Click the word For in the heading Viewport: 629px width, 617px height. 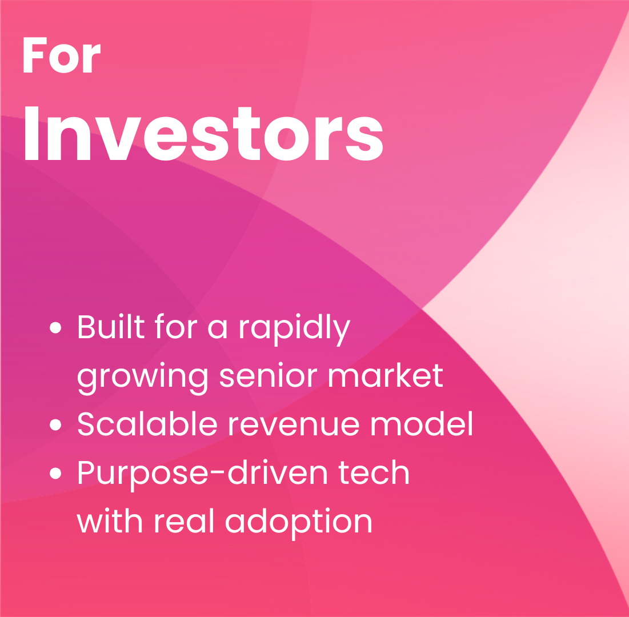click(x=62, y=55)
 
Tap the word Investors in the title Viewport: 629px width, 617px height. click(x=204, y=134)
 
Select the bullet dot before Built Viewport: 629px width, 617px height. click(x=55, y=327)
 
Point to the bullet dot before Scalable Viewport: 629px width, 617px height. click(x=55, y=424)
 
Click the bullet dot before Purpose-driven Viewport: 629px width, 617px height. click(x=55, y=474)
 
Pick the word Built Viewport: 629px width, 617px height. click(x=111, y=326)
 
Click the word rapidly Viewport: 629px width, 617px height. click(x=295, y=330)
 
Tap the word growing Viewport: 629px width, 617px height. click(x=142, y=379)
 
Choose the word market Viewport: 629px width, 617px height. click(x=386, y=375)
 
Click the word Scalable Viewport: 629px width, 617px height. click(x=147, y=424)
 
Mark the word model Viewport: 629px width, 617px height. click(x=422, y=424)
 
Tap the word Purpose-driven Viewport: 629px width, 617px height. click(x=202, y=475)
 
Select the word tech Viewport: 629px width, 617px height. click(x=374, y=472)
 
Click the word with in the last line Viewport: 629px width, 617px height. click(x=109, y=521)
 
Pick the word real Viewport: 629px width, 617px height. click(x=184, y=521)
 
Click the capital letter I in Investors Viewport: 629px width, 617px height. click(x=31, y=133)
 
